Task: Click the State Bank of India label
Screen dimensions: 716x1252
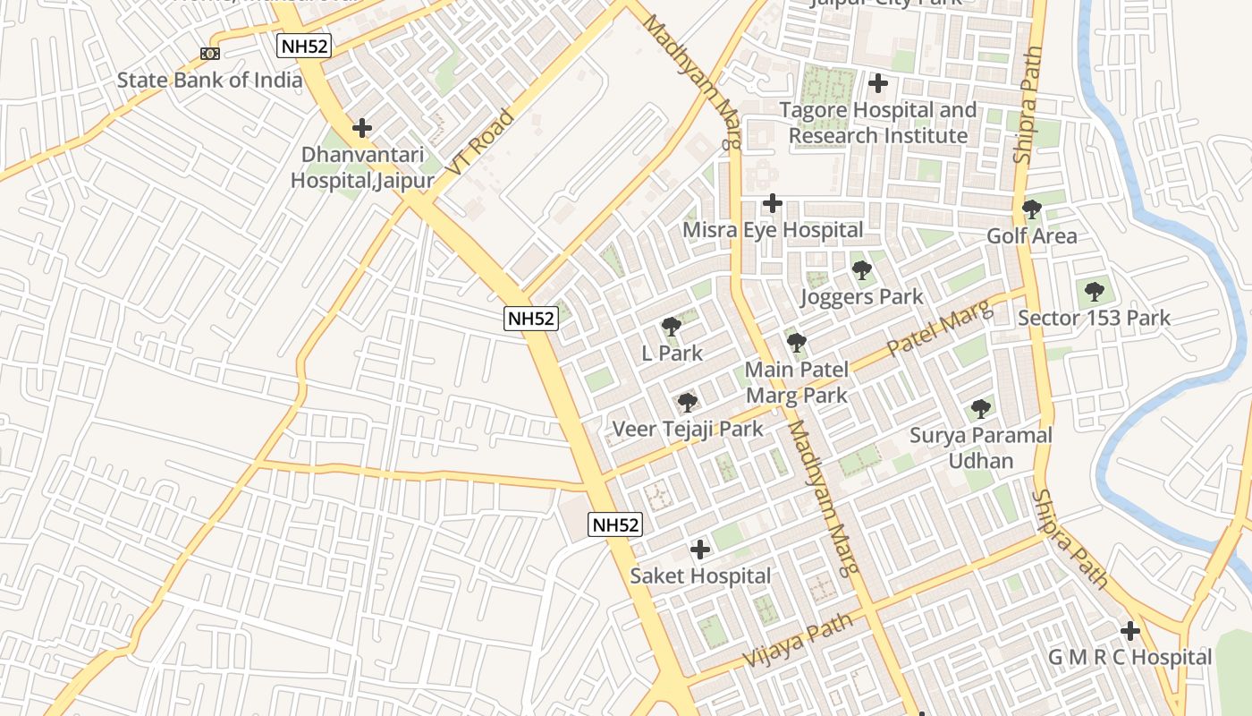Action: [210, 80]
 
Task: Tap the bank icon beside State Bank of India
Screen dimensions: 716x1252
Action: [210, 54]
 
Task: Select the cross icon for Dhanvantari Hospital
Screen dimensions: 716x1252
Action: [362, 128]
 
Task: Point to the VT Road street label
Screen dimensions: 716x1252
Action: [480, 142]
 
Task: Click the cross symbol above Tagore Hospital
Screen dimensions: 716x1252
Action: [878, 83]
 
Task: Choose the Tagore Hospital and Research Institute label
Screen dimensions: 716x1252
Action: [877, 123]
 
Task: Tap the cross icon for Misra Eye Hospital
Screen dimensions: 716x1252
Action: [773, 203]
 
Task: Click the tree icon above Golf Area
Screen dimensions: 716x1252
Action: [1031, 210]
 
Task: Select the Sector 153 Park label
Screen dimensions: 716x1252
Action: [1094, 318]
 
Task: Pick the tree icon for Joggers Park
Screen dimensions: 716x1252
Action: [861, 270]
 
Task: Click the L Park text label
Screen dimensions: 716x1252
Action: [673, 354]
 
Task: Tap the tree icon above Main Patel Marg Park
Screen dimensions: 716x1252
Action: [796, 343]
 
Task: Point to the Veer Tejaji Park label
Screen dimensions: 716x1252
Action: [688, 430]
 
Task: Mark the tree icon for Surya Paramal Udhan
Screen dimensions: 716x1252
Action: [981, 409]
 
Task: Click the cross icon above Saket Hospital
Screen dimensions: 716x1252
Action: [700, 549]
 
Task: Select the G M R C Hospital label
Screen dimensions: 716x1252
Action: [1129, 658]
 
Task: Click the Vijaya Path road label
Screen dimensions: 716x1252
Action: [784, 643]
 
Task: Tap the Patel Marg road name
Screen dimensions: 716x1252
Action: [941, 329]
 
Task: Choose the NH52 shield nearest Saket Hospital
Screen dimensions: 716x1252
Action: [615, 524]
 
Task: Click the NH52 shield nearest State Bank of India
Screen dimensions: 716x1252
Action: [303, 47]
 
